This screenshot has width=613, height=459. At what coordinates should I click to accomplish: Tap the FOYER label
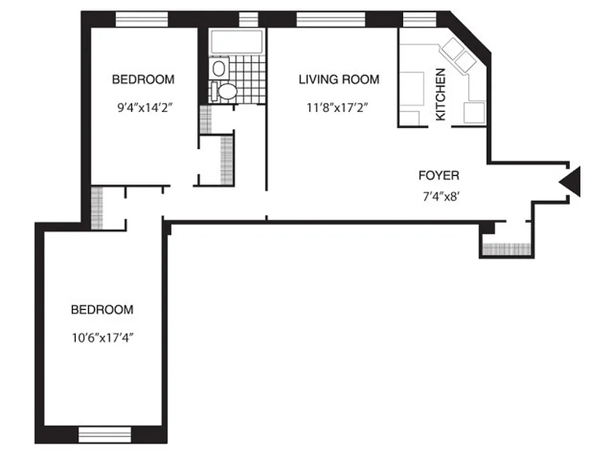[x=438, y=176]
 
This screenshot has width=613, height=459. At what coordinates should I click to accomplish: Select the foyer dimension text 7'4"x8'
[x=439, y=196]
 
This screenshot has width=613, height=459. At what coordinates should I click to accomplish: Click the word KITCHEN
[x=441, y=95]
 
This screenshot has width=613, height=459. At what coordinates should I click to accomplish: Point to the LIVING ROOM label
[x=338, y=80]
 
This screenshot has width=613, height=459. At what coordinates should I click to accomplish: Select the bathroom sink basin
[x=219, y=69]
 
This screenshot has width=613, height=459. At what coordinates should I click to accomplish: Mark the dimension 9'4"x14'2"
[x=143, y=107]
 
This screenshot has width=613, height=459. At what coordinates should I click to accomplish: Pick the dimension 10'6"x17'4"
[x=102, y=337]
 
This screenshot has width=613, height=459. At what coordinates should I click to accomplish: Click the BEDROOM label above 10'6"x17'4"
[x=102, y=310]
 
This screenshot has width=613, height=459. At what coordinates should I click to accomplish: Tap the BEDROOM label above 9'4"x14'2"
[x=143, y=80]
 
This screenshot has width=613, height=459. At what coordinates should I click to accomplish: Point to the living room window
[x=331, y=20]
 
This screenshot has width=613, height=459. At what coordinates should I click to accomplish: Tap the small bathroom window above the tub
[x=248, y=20]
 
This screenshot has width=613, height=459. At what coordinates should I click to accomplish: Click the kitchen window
[x=420, y=20]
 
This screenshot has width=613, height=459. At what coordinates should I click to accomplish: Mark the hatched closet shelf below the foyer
[x=507, y=249]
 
